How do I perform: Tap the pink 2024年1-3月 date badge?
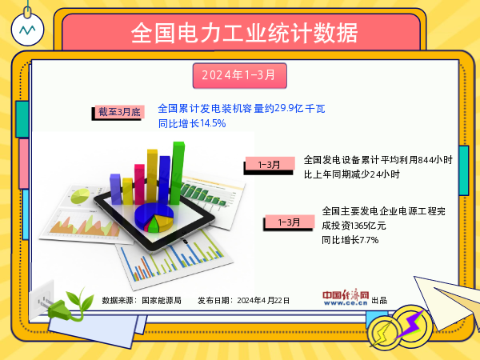[x=238, y=75]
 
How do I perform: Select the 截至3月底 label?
[x=118, y=112]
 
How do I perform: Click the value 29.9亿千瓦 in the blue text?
[x=300, y=108]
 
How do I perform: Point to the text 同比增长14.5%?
[x=192, y=124]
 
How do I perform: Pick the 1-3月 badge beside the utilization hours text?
[x=269, y=165]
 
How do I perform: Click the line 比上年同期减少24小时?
[x=352, y=174]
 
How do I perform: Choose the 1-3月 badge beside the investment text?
[x=289, y=222]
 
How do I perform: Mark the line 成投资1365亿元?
[x=354, y=226]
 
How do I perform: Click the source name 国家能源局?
[x=162, y=300]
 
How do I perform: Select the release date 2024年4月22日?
[x=263, y=300]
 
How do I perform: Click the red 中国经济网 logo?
[x=346, y=298]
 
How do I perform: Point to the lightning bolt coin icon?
[x=412, y=324]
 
